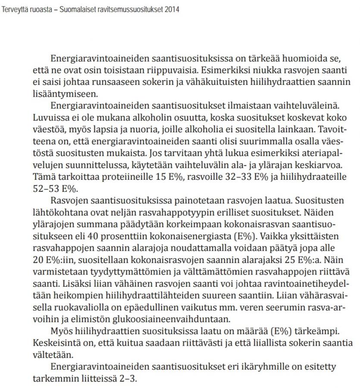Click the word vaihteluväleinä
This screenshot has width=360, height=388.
(293, 106)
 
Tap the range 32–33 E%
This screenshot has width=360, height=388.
(234, 177)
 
